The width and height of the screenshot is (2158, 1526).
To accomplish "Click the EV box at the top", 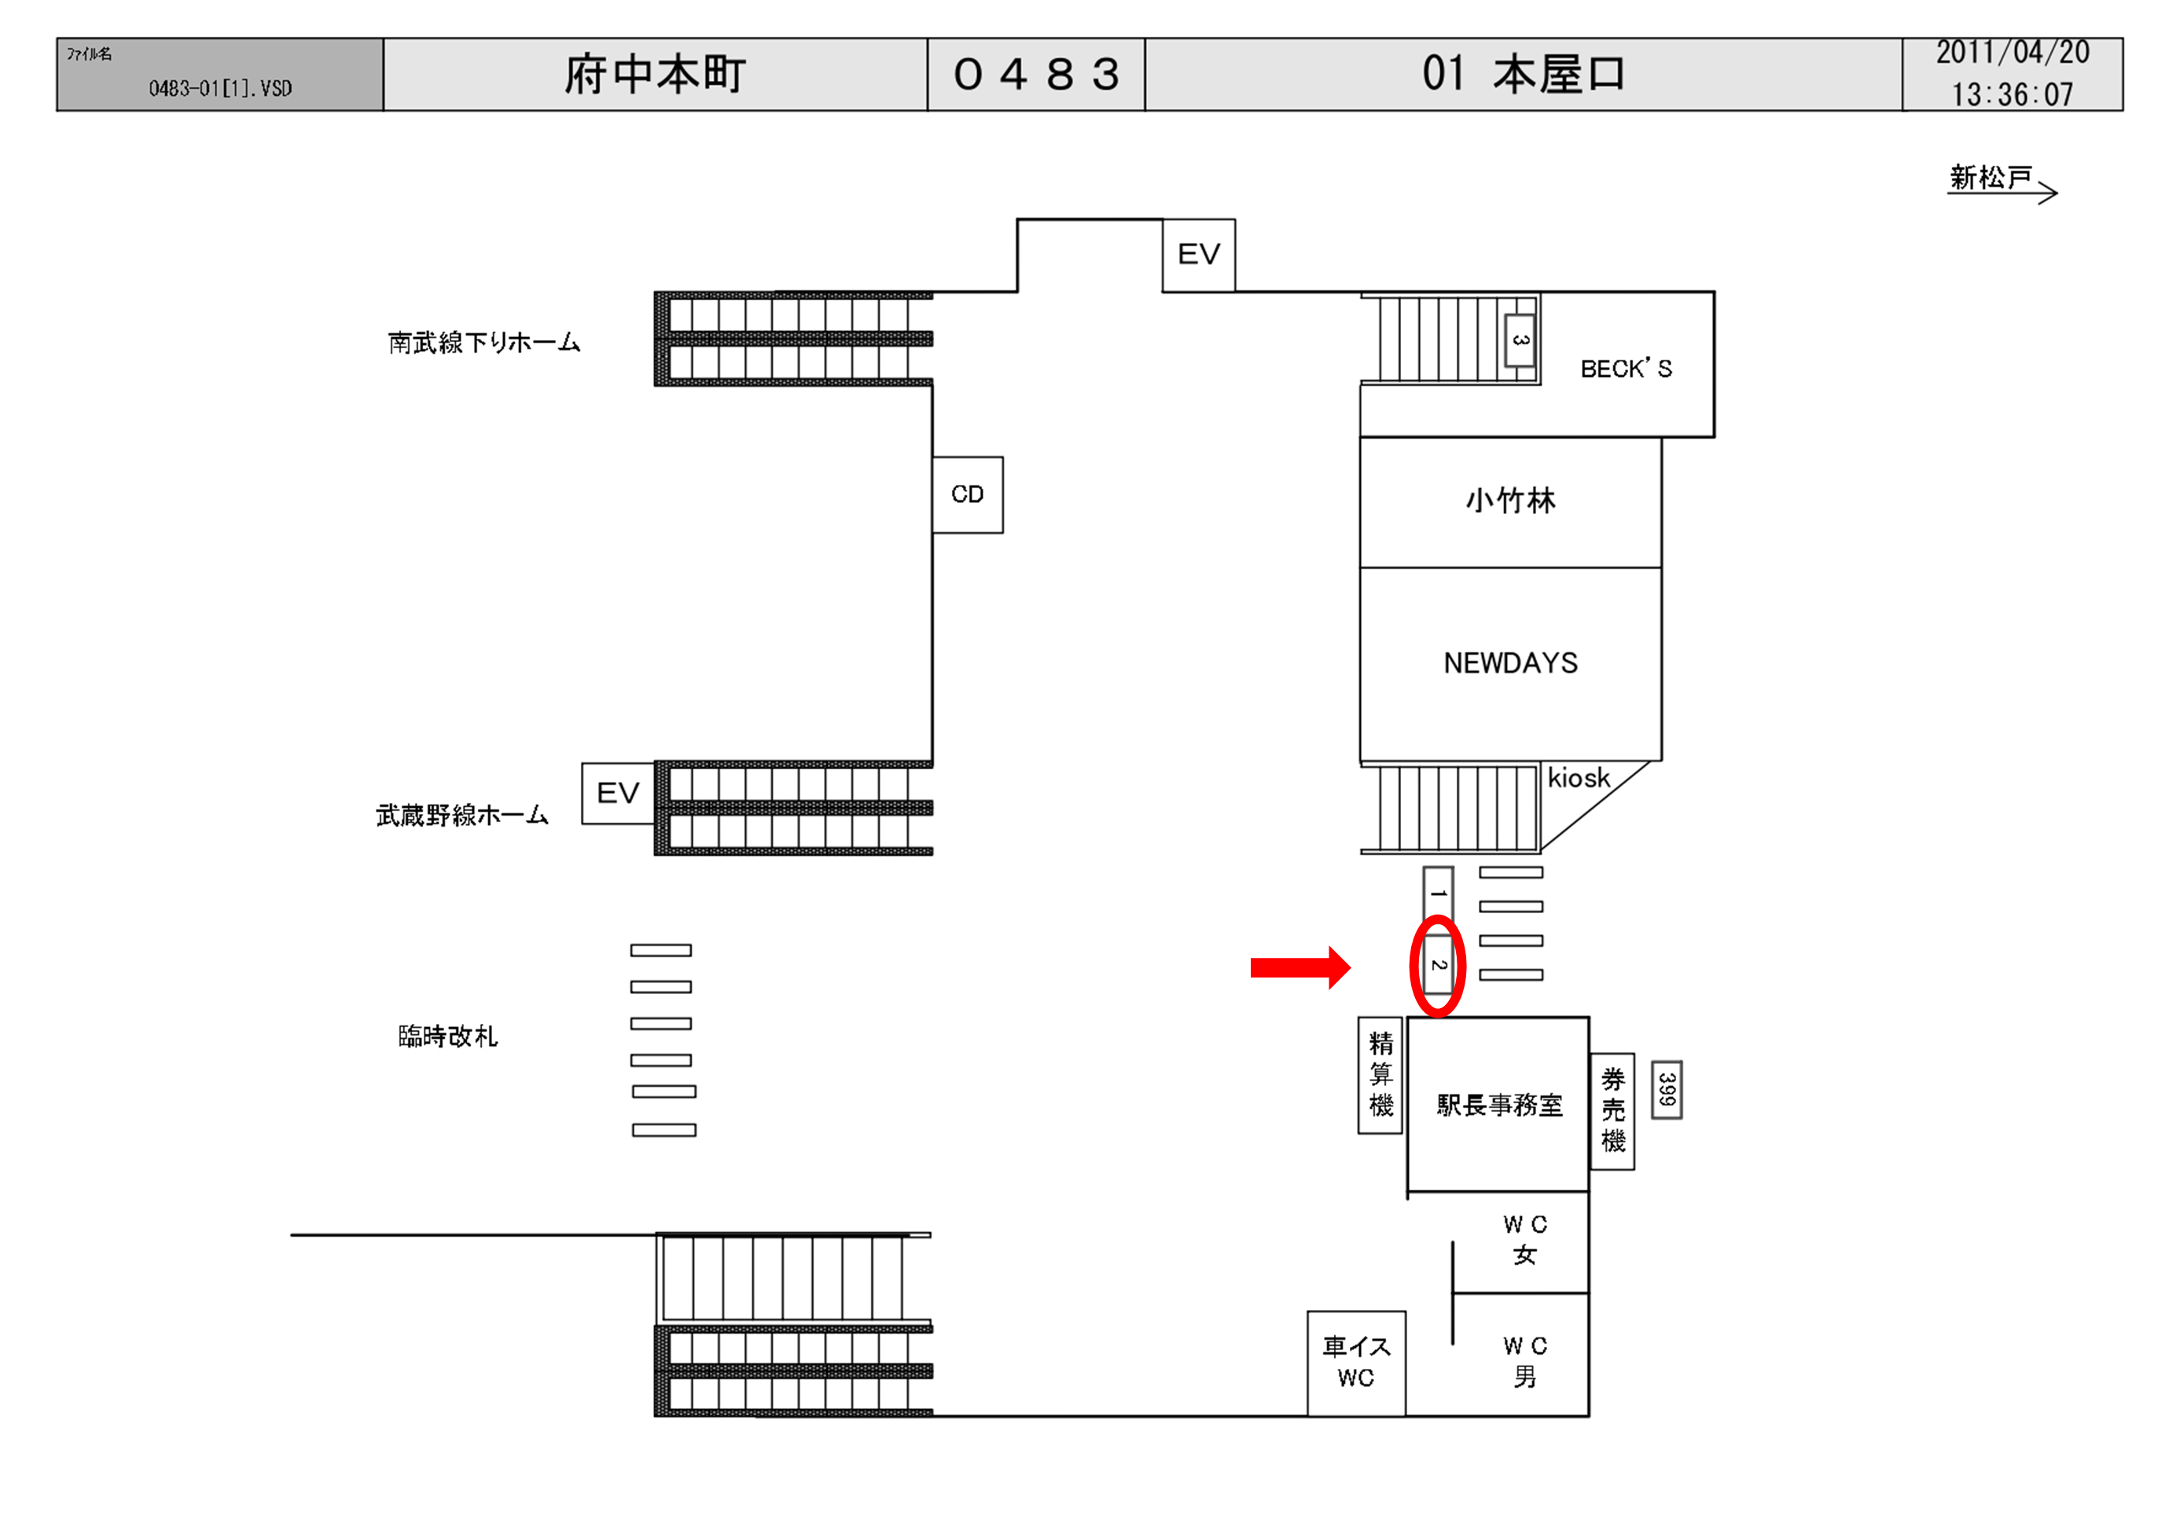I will click(x=1198, y=255).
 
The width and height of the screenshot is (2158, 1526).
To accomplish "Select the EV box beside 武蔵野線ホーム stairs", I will click(x=617, y=793).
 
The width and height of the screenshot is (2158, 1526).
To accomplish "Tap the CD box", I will click(x=967, y=494).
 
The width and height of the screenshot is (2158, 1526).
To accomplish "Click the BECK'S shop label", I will click(x=1626, y=369).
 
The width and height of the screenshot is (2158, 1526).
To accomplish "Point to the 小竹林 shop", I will click(x=1510, y=501).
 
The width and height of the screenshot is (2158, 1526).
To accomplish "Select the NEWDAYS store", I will click(x=1510, y=663).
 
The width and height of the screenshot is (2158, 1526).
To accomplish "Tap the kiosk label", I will click(x=1579, y=779).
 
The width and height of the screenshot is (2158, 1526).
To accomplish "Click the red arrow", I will click(x=1300, y=967).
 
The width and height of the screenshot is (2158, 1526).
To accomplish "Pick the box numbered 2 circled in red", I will click(x=1438, y=965).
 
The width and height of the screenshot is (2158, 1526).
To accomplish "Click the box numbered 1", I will click(x=1438, y=893).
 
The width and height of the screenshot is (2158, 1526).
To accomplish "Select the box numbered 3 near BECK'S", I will click(x=1520, y=340).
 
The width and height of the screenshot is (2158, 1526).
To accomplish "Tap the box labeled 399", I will click(x=1667, y=1090).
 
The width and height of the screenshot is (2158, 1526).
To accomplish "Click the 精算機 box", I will click(x=1380, y=1074).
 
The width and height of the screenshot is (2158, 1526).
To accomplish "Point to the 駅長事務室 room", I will click(x=1499, y=1105).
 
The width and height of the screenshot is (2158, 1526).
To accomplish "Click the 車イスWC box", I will click(x=1356, y=1363).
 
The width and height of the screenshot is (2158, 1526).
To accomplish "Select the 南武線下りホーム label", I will click(x=484, y=342).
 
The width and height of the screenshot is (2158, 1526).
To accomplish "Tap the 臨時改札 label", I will click(x=447, y=1036).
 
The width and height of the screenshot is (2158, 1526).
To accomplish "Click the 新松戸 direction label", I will click(x=1991, y=178).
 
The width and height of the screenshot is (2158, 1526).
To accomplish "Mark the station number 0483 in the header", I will click(x=1036, y=74).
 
